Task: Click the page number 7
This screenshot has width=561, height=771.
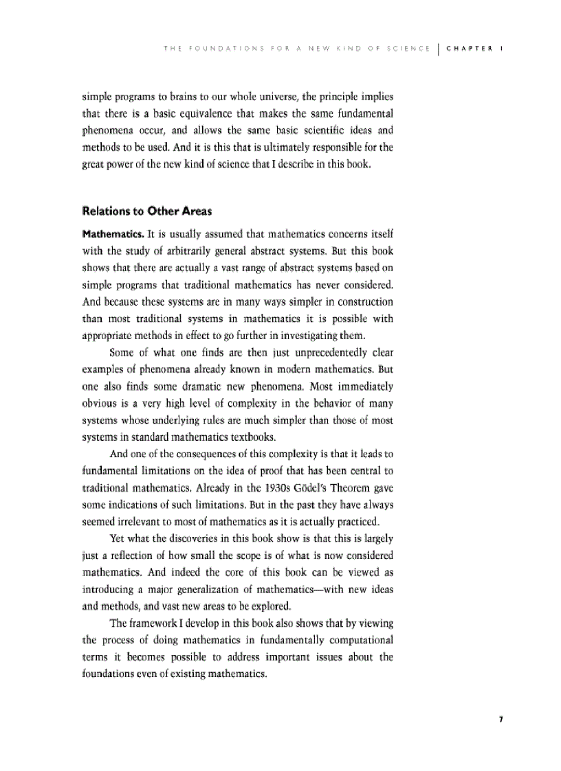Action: pos(501,720)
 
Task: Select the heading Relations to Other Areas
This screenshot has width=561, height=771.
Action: pos(146,211)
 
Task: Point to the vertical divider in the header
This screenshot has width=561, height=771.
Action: pos(438,49)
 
